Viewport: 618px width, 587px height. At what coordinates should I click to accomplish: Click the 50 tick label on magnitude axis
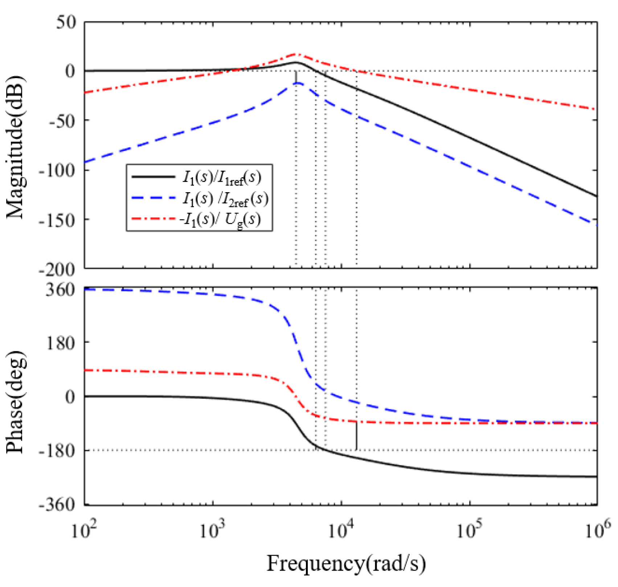click(x=66, y=23)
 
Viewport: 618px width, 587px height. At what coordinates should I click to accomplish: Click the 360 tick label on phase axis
click(x=61, y=290)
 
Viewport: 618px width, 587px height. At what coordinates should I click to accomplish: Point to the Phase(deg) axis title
click(x=15, y=402)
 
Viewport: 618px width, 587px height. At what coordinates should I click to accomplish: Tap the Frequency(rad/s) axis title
click(x=346, y=563)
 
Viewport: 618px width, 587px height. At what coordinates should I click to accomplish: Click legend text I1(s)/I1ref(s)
click(x=222, y=178)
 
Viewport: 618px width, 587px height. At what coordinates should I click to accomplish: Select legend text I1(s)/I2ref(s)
click(x=225, y=199)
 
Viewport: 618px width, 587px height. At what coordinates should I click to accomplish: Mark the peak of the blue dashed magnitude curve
click(x=297, y=83)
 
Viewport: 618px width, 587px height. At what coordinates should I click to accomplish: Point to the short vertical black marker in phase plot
click(x=357, y=436)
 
